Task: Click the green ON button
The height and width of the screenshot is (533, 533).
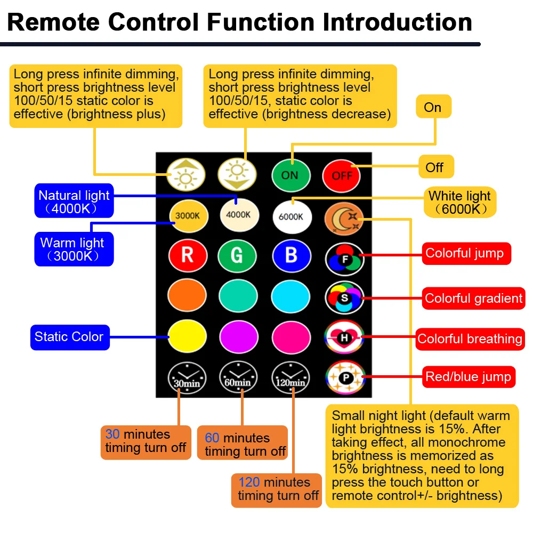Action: (x=290, y=175)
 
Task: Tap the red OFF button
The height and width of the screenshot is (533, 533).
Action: (x=342, y=175)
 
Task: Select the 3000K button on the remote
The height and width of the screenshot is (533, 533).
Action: (x=187, y=216)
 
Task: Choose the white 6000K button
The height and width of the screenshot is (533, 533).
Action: (x=290, y=216)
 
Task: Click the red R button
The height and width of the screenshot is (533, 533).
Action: (x=187, y=256)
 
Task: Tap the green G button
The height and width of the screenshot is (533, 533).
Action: (x=238, y=256)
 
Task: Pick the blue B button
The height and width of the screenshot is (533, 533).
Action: (x=290, y=256)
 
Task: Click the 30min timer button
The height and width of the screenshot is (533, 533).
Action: (x=187, y=377)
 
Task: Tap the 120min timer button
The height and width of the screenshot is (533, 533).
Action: (x=290, y=377)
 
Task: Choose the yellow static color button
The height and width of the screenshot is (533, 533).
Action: (x=187, y=337)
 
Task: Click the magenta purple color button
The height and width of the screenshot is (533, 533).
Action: (x=238, y=337)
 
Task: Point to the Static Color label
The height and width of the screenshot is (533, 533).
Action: (x=69, y=337)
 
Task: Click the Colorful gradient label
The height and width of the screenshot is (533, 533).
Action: (x=473, y=298)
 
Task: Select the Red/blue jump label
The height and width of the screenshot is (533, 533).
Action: (x=468, y=377)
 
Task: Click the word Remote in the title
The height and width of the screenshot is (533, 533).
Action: (x=54, y=22)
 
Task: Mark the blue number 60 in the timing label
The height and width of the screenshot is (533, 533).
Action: (x=212, y=438)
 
